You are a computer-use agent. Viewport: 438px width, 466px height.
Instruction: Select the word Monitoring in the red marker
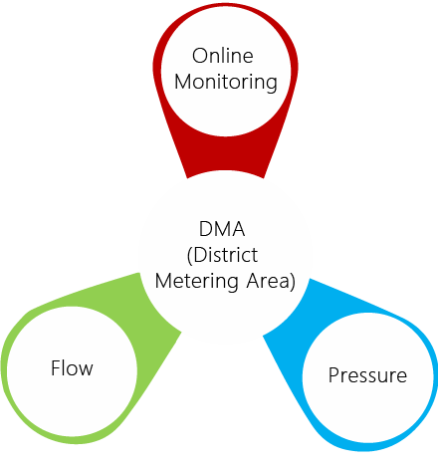point(225,82)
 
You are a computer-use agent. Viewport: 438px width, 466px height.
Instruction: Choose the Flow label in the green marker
point(72,368)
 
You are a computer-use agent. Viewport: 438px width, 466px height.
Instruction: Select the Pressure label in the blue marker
point(367,375)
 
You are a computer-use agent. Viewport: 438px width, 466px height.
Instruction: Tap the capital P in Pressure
point(333,375)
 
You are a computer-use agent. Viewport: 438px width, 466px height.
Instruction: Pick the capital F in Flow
point(56,368)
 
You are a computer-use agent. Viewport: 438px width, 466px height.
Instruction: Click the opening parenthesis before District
point(190,255)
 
